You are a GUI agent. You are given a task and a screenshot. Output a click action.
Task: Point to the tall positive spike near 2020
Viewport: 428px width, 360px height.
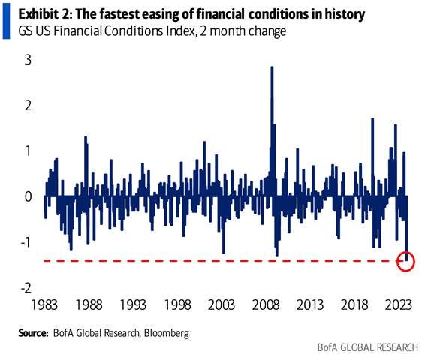(x=372, y=121)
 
